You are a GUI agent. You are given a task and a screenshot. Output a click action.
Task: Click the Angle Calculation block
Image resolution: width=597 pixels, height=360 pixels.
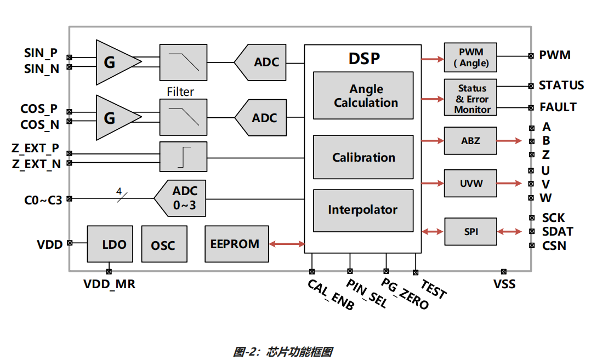(x=363, y=95)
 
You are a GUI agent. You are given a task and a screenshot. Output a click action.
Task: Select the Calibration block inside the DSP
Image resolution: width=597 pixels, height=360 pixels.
(x=363, y=157)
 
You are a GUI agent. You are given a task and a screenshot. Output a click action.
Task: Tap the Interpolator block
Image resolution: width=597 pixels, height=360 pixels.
(x=363, y=210)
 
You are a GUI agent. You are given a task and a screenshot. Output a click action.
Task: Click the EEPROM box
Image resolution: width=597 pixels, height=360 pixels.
(x=236, y=244)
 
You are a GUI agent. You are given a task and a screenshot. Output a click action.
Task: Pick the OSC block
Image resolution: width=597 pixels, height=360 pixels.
(x=163, y=244)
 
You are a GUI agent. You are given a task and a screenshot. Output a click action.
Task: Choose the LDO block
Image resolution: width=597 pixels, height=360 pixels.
(x=110, y=244)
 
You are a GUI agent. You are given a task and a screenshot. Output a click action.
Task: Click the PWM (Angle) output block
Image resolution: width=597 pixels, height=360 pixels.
(x=470, y=57)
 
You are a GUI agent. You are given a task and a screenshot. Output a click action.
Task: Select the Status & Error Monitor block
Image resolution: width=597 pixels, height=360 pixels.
(x=470, y=98)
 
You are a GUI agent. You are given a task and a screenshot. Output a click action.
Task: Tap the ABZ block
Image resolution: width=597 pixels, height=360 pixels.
(x=470, y=141)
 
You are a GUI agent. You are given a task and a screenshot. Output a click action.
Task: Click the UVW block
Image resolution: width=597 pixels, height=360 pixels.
(x=470, y=184)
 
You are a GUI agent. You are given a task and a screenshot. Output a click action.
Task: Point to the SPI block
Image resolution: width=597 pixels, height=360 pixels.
(x=470, y=232)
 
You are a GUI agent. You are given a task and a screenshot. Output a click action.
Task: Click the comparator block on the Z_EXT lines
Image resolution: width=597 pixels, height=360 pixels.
(x=183, y=157)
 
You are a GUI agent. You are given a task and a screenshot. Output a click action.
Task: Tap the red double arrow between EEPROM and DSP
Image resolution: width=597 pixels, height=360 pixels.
(x=287, y=244)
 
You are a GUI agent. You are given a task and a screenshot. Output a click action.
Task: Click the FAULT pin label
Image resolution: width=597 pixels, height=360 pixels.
(x=558, y=107)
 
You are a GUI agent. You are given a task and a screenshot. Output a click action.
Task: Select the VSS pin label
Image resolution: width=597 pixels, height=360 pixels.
(x=504, y=284)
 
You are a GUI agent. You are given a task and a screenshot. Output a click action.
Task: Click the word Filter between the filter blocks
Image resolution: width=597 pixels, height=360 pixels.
(x=180, y=92)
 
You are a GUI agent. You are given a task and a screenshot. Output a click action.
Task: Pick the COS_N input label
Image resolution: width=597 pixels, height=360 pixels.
(x=39, y=125)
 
